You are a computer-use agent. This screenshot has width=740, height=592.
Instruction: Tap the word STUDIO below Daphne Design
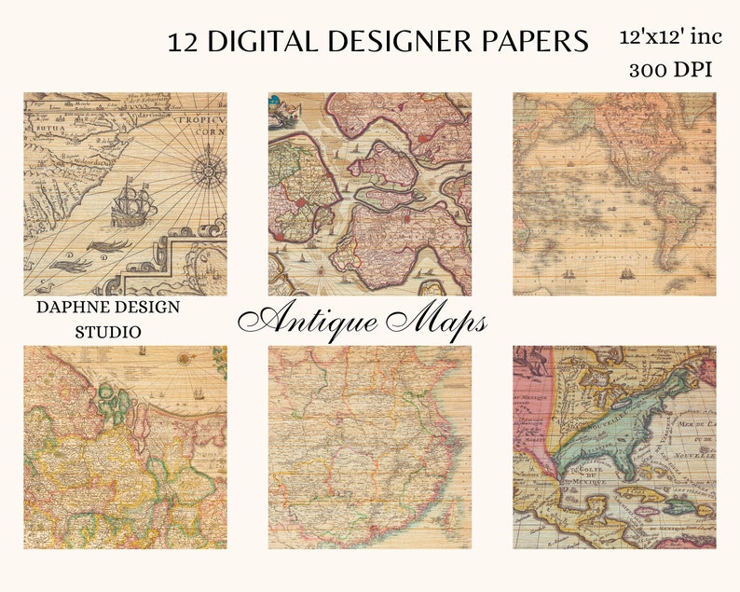(x=108, y=331)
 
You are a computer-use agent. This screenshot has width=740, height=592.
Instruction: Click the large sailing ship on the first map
(x=132, y=205)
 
